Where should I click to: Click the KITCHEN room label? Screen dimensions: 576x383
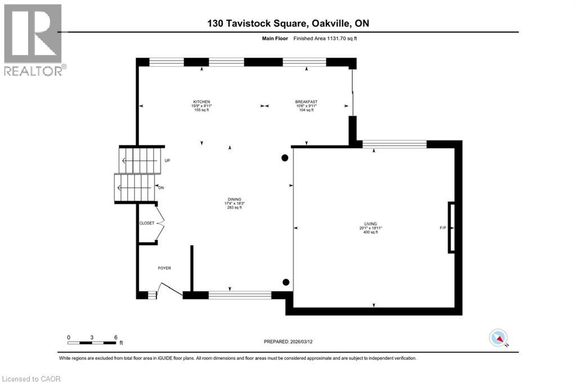pyautogui.click(x=202, y=102)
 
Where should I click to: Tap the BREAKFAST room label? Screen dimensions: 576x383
pyautogui.click(x=307, y=102)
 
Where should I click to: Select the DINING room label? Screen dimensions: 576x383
pyautogui.click(x=235, y=200)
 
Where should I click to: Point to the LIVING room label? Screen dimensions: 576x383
pyautogui.click(x=371, y=224)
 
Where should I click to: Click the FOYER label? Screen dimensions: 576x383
pyautogui.click(x=165, y=268)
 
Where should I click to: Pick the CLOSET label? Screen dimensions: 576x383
pyautogui.click(x=147, y=223)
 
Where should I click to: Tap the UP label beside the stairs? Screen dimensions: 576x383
pyautogui.click(x=167, y=160)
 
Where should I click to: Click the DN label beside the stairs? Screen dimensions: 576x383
pyautogui.click(x=161, y=188)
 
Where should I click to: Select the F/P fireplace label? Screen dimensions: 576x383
pyautogui.click(x=443, y=228)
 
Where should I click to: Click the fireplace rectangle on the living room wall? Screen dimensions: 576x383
pyautogui.click(x=451, y=228)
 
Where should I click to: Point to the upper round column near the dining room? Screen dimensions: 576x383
pyautogui.click(x=285, y=158)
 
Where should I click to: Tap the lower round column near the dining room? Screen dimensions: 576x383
pyautogui.click(x=286, y=282)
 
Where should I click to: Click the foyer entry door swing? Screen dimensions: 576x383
pyautogui.click(x=170, y=289)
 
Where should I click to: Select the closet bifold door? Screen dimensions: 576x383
pyautogui.click(x=160, y=223)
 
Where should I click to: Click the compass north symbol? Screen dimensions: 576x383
pyautogui.click(x=498, y=338)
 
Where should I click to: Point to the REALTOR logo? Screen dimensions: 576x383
pyautogui.click(x=33, y=40)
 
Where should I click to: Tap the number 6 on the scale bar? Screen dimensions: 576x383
pyautogui.click(x=116, y=337)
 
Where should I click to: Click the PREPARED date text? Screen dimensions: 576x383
pyautogui.click(x=288, y=341)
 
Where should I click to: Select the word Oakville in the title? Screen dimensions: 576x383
pyautogui.click(x=331, y=24)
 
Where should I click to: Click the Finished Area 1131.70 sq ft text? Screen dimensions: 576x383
pyautogui.click(x=325, y=38)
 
